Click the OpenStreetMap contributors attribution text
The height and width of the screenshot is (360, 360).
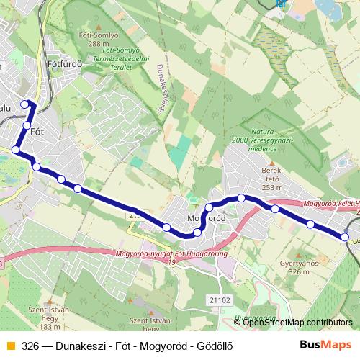[297, 323]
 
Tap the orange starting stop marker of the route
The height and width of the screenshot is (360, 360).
[15, 150]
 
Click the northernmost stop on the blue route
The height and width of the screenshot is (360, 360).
[25, 104]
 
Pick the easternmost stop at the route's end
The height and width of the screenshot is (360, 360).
[346, 237]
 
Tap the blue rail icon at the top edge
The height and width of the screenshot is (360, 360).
[280, 4]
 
